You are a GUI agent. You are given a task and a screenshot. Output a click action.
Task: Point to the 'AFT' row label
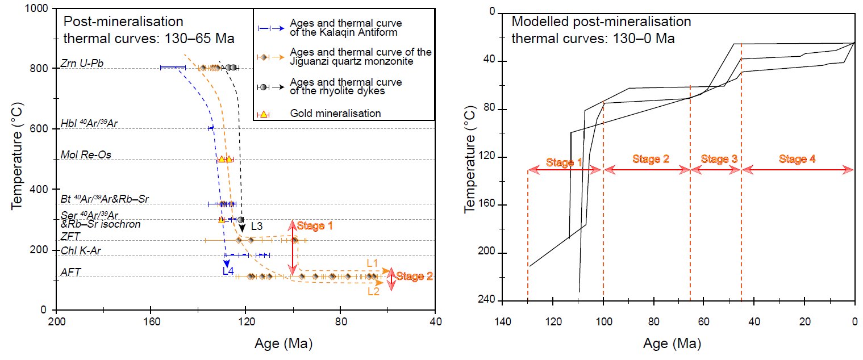(x=70, y=272)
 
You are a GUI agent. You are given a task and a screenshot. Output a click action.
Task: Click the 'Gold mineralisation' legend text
(x=335, y=113)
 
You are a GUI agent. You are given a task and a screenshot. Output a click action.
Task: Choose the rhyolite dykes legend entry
(x=345, y=86)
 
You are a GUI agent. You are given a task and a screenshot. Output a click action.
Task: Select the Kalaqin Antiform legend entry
(x=345, y=28)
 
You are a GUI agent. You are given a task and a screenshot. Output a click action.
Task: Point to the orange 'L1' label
(x=373, y=263)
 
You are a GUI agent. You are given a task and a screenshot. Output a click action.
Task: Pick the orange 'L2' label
(x=373, y=291)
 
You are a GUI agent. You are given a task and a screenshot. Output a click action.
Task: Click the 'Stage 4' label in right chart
(x=797, y=160)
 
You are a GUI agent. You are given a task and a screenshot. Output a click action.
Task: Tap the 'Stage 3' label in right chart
(x=719, y=160)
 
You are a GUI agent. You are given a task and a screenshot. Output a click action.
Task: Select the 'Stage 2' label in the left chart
(x=414, y=277)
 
